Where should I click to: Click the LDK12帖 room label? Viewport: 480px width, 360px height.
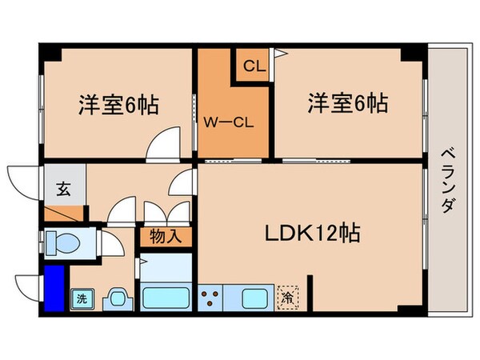pyautogui.click(x=312, y=233)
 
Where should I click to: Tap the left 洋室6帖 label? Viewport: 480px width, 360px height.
pyautogui.click(x=118, y=104)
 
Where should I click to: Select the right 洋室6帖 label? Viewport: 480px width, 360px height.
pyautogui.click(x=349, y=104)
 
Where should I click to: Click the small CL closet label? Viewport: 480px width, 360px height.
pyautogui.click(x=254, y=66)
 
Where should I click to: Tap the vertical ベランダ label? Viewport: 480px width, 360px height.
pyautogui.click(x=448, y=180)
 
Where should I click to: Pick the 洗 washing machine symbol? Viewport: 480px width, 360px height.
pyautogui.click(x=82, y=299)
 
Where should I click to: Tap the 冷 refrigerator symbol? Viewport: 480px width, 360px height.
pyautogui.click(x=287, y=298)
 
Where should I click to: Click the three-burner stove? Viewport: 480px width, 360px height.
pyautogui.click(x=211, y=298)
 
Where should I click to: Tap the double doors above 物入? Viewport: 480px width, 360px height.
pyautogui.click(x=166, y=211)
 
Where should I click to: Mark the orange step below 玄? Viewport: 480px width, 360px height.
pyautogui.click(x=64, y=214)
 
